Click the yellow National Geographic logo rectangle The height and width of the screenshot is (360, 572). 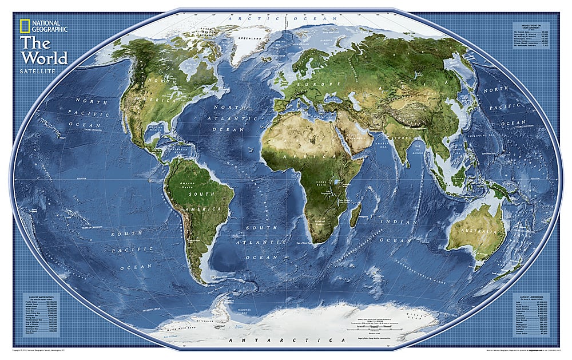[x=26, y=26]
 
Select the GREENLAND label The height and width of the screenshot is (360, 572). [x=257, y=38]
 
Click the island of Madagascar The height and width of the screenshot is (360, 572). [x=355, y=216]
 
